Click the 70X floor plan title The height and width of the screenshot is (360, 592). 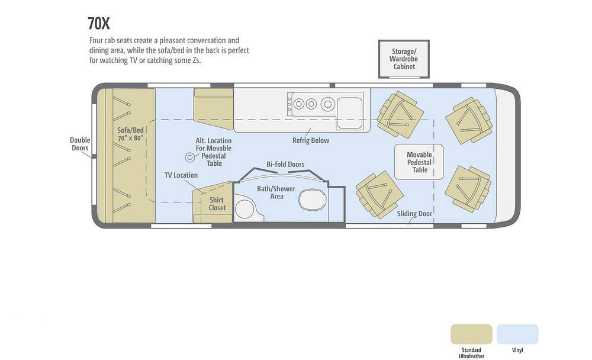pos(99,24)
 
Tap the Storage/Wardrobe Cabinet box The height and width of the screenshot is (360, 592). pos(404,59)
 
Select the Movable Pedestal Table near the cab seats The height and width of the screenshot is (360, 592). pos(419,162)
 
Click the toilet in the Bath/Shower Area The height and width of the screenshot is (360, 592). pos(312,199)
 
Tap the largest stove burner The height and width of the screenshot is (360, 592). pos(328,104)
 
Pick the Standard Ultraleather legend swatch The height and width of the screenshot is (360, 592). pos(471,334)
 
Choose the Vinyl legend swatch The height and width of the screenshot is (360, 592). pos(517,334)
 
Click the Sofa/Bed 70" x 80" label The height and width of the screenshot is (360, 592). pos(131,134)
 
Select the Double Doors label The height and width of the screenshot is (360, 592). pos(80,144)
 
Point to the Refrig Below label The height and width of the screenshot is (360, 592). pos(311,140)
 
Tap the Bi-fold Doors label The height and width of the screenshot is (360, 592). pos(285,165)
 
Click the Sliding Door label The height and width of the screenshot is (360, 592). pos(414,214)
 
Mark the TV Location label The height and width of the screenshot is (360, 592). pos(181,175)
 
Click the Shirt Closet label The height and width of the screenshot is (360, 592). pos(217,204)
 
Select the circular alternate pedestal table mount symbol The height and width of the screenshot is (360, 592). pos(190,157)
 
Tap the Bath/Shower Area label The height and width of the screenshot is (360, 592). pos(276,192)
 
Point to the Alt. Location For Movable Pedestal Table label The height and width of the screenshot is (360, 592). pos(214,152)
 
